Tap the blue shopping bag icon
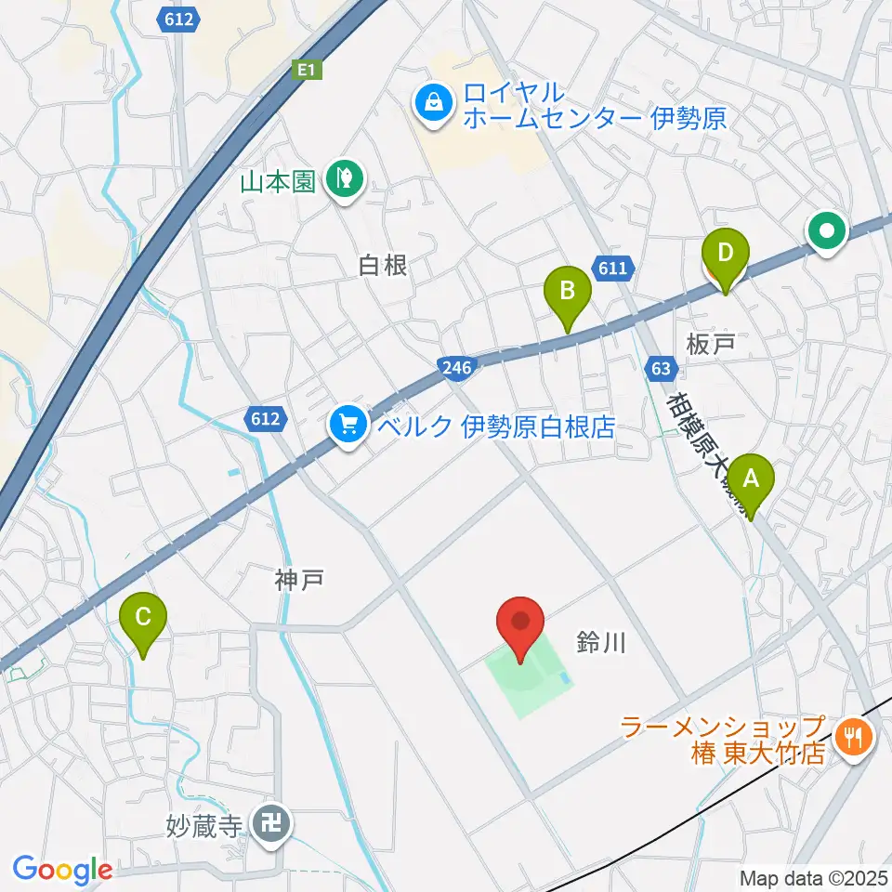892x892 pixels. (434, 103)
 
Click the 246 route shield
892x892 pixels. (457, 367)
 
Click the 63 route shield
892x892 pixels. (661, 368)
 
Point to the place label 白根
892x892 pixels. (383, 266)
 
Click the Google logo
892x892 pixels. (62, 870)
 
